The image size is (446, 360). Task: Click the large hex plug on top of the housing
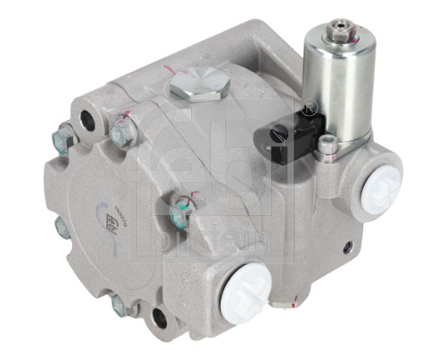coord(199,86)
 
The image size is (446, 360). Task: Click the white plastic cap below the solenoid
coord(381,188)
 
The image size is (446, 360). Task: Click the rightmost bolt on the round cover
coord(181,213)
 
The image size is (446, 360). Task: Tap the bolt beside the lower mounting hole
coord(121,305)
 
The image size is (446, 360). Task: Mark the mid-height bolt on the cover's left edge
coord(61,227)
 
